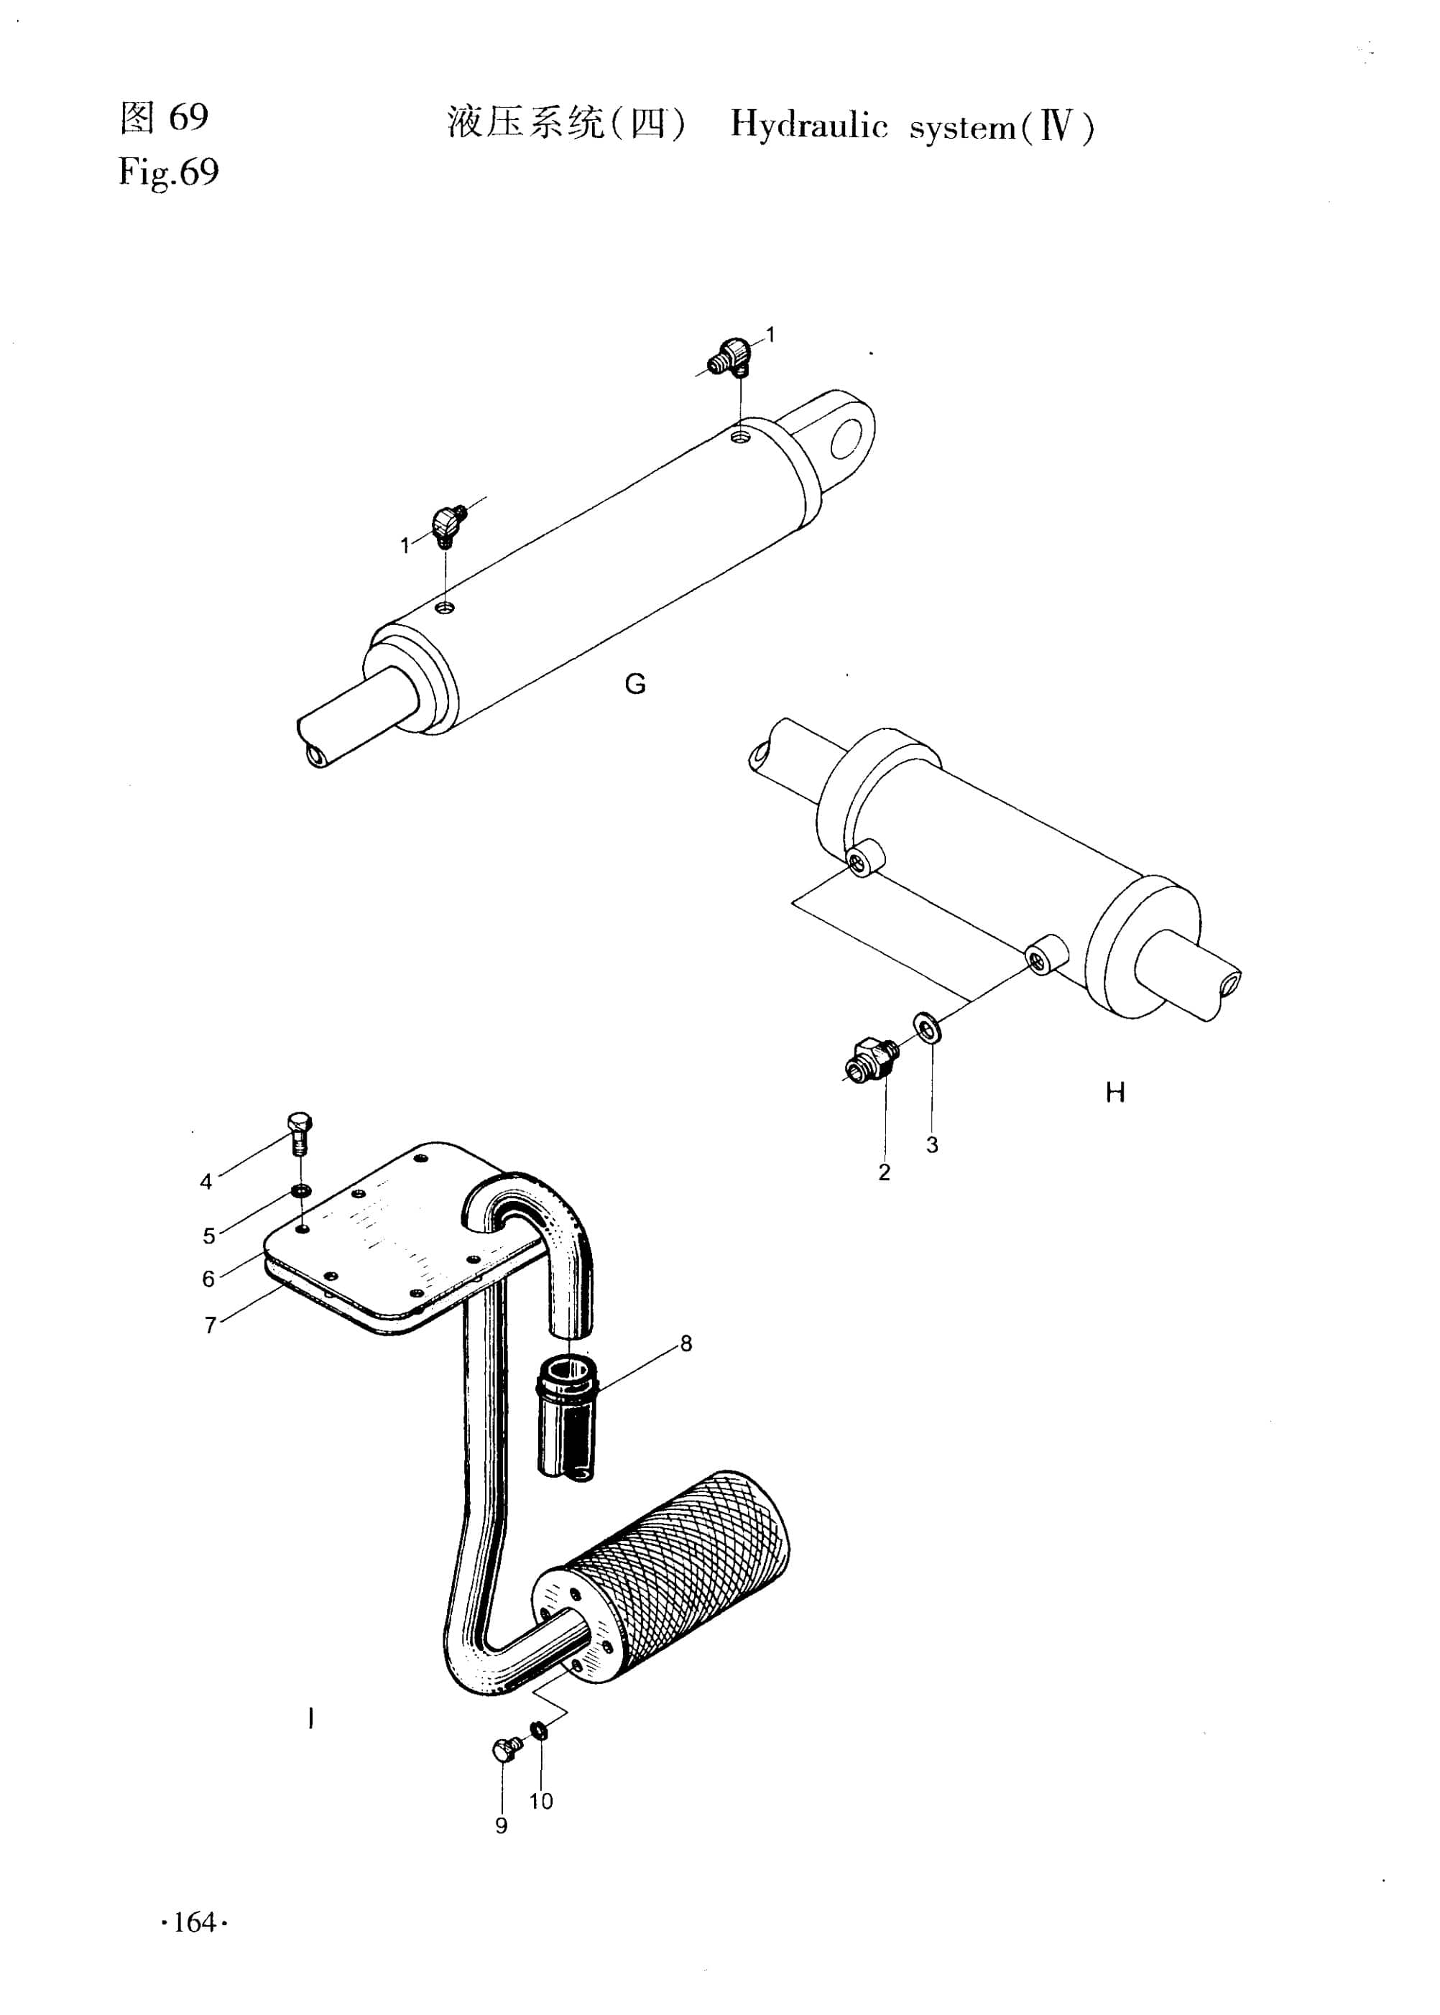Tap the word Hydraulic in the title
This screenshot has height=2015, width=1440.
808,126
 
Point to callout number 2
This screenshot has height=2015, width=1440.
884,1172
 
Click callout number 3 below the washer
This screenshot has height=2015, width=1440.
932,1144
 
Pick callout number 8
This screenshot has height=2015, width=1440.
686,1343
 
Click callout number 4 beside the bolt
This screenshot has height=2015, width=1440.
206,1182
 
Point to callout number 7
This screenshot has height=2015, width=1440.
210,1325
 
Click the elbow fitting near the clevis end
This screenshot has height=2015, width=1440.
732,356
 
